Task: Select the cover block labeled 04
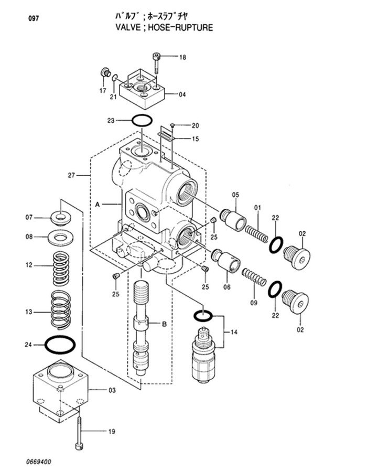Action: point(143,90)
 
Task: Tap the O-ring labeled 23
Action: point(142,121)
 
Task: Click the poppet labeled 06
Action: point(226,260)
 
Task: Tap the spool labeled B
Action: point(142,325)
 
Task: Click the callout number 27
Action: point(71,175)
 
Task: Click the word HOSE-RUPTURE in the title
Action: point(183,27)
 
